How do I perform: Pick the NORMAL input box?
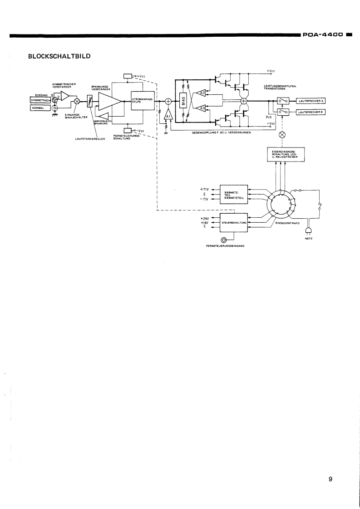40,108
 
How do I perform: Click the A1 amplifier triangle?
168,116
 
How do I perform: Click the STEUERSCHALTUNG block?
234,223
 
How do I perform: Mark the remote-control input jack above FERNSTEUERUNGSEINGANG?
223,240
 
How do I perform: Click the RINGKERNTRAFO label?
286,223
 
